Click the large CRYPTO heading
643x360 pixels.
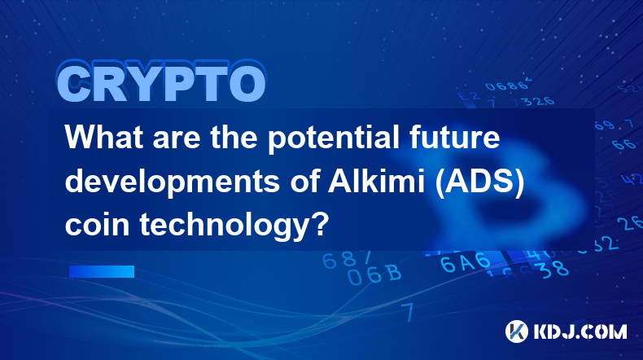(x=162, y=81)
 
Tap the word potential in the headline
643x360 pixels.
(x=334, y=139)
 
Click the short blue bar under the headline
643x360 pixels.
(x=102, y=271)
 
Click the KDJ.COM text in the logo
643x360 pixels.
(x=580, y=331)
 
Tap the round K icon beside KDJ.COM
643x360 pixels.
(x=517, y=331)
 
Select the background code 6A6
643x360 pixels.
(x=465, y=263)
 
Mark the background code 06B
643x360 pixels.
(x=374, y=274)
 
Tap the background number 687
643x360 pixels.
(x=347, y=260)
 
